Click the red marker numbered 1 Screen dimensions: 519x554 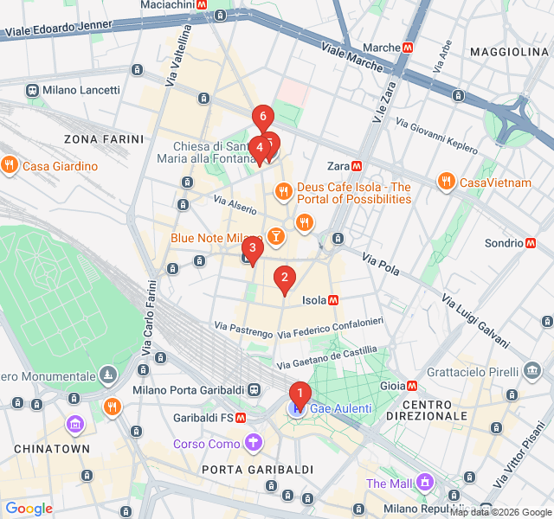(x=300, y=394)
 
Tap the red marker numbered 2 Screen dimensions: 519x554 (x=283, y=278)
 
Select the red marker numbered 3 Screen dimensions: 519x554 (x=252, y=249)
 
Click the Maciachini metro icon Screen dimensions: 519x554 (x=202, y=5)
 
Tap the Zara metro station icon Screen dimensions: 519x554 (x=357, y=166)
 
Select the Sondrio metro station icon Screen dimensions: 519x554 (x=531, y=243)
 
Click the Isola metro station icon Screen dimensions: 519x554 (x=333, y=300)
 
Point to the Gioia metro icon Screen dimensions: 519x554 (x=413, y=386)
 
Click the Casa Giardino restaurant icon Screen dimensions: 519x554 (x=9, y=165)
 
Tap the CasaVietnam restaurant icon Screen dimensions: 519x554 (x=446, y=182)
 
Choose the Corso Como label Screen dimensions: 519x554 (x=207, y=445)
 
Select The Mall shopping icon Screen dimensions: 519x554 (x=424, y=482)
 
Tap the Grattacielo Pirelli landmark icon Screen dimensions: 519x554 (x=532, y=372)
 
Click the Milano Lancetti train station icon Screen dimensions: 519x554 (x=32, y=90)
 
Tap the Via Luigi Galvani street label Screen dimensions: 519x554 (x=475, y=319)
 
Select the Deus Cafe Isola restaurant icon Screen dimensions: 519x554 (x=282, y=191)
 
